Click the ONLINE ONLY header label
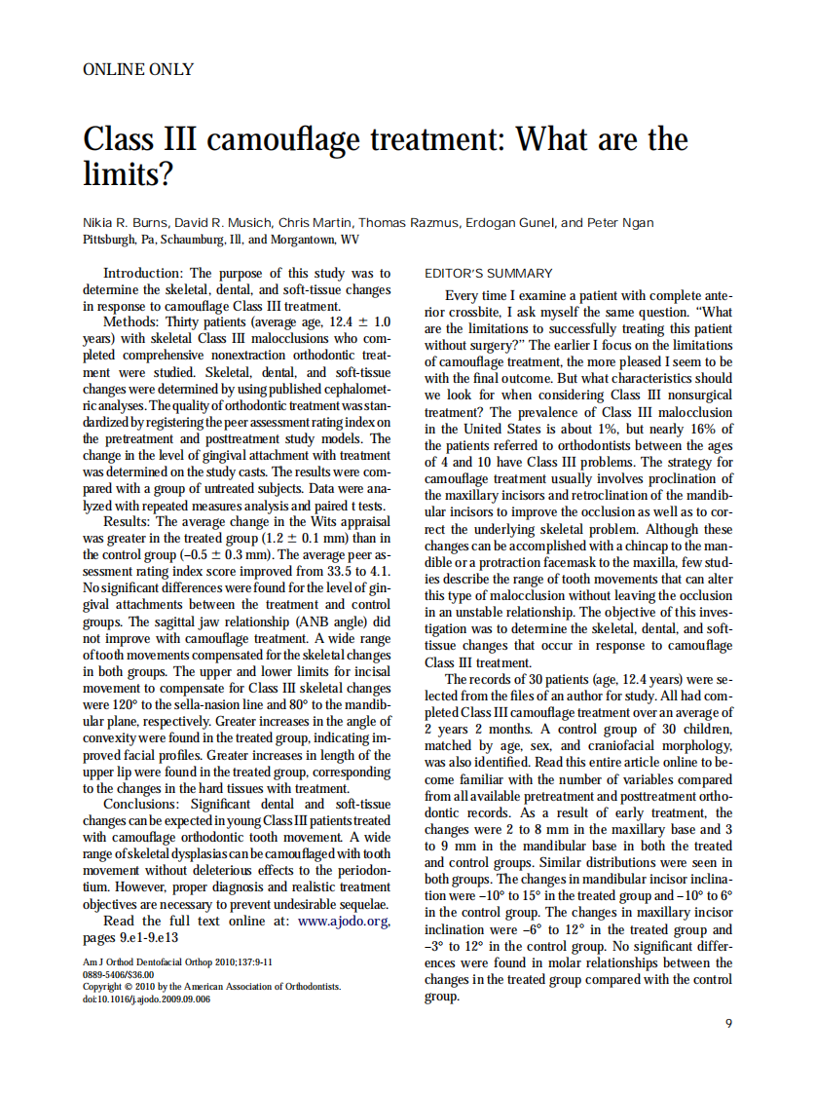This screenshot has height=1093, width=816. tap(138, 69)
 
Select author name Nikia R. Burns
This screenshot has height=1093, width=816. tap(128, 223)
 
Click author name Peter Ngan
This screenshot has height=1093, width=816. tap(621, 223)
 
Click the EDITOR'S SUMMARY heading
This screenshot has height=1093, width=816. tap(489, 274)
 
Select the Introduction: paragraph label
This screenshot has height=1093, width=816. tap(143, 274)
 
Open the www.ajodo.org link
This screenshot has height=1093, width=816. tap(344, 921)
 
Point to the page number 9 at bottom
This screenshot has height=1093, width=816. tap(729, 1023)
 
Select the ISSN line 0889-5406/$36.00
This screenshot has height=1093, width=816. tap(119, 973)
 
